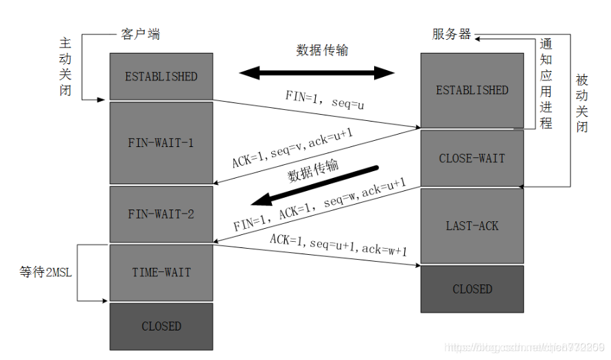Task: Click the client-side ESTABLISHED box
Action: [161, 76]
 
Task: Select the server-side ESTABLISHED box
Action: [472, 90]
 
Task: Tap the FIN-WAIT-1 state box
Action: [161, 143]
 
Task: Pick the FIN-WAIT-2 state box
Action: [161, 214]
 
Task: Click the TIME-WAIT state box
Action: [161, 272]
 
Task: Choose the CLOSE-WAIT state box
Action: [472, 158]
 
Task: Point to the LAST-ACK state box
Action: [472, 225]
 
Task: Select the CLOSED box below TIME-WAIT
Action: [161, 326]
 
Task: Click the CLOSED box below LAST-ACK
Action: [472, 289]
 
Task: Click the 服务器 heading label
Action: [452, 34]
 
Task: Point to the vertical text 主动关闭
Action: [65, 67]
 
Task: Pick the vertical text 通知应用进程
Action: [546, 84]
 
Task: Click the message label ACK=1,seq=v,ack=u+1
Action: [292, 149]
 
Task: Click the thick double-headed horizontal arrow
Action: [316, 72]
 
